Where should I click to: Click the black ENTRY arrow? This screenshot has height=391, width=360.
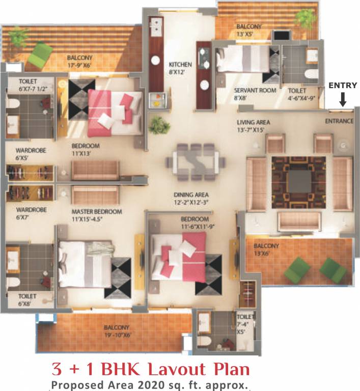point(343,98)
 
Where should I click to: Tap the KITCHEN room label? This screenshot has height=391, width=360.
point(180,65)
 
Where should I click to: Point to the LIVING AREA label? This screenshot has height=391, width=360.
point(253,122)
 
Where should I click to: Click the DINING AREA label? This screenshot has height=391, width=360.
point(191,194)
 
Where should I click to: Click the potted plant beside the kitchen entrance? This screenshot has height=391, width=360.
point(159,124)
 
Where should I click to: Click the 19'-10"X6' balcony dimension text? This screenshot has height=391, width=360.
point(117,334)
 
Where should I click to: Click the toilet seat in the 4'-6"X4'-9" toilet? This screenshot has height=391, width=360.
point(310,74)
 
